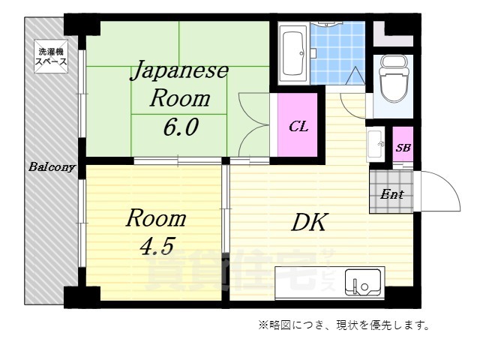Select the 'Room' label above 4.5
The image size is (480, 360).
tap(155, 218)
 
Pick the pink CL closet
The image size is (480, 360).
tap(298, 125)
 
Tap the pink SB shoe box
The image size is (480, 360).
tap(403, 147)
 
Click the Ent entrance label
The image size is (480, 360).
tap(391, 194)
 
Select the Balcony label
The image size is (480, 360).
tap(51, 166)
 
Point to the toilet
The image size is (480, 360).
tap(392, 79)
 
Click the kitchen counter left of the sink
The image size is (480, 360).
tap(307, 285)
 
